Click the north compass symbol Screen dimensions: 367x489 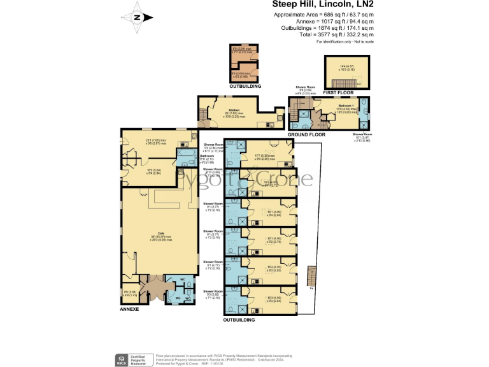click(x=138, y=18)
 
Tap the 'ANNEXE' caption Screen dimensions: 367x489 click(x=129, y=308)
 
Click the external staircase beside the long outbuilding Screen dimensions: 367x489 click(x=311, y=277)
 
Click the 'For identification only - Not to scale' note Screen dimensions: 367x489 click(x=344, y=41)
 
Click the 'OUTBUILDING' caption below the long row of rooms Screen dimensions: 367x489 click(x=239, y=320)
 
